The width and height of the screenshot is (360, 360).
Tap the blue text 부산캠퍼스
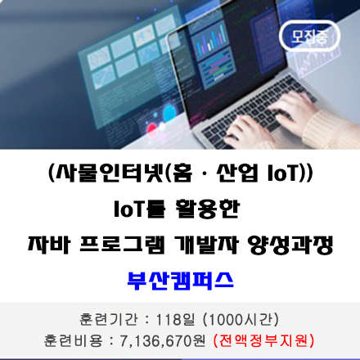pyautogui.click(x=180, y=279)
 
